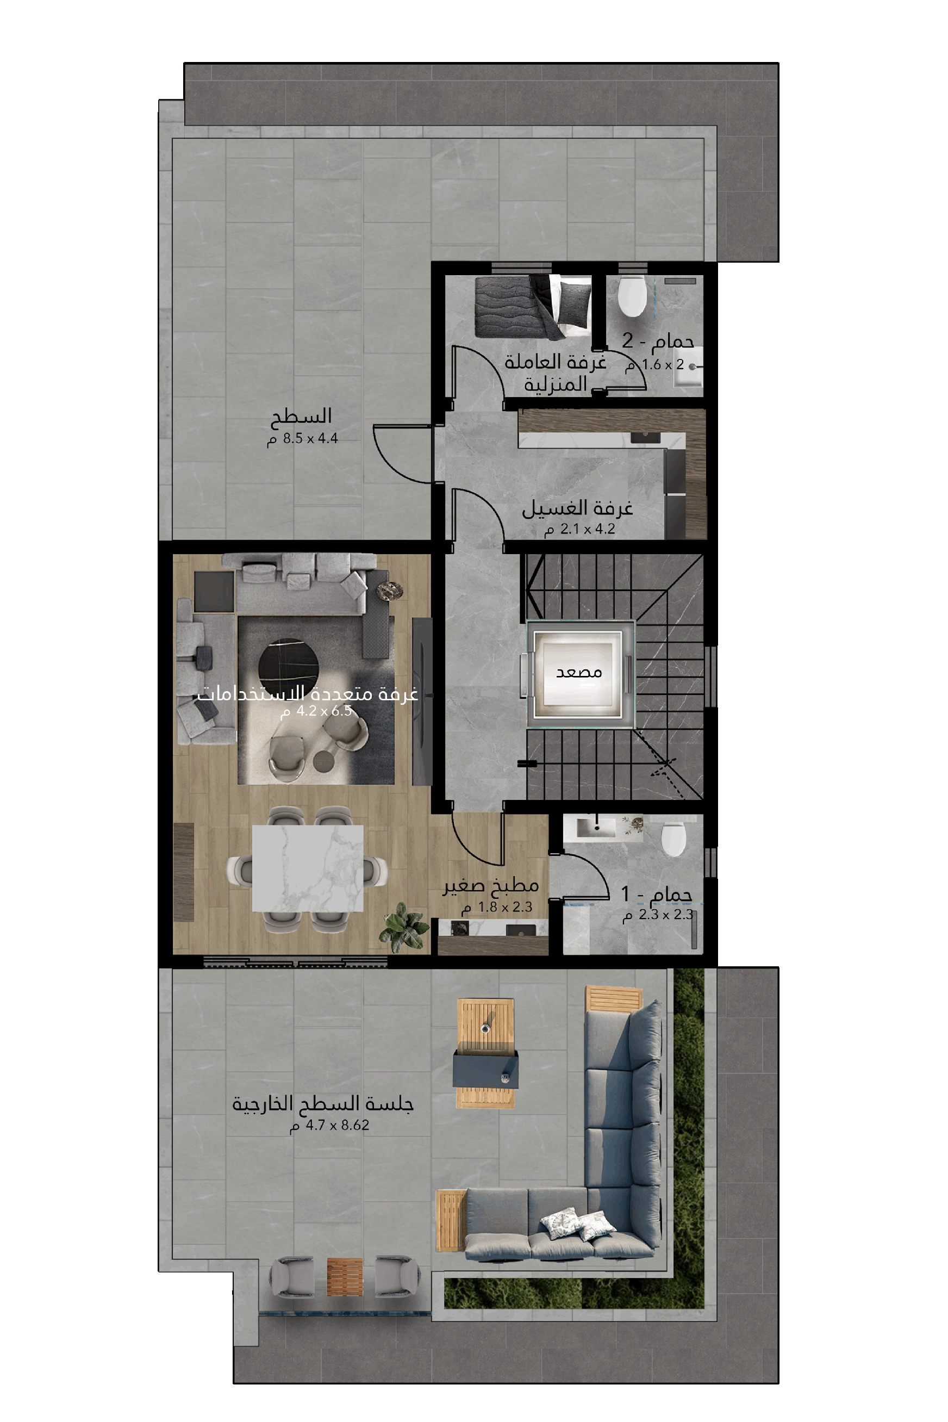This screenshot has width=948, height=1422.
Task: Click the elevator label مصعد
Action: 578,672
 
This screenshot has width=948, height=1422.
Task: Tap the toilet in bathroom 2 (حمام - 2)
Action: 632,296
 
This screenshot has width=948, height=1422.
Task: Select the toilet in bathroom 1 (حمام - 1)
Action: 673,838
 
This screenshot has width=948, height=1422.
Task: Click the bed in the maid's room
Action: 533,306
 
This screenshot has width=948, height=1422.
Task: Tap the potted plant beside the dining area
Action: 402,926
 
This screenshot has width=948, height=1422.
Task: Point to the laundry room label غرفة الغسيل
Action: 577,508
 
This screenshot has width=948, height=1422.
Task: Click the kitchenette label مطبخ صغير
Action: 490,885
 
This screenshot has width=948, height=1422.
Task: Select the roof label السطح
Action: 301,416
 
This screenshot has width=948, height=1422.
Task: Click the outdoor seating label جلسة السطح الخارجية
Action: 323,1104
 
